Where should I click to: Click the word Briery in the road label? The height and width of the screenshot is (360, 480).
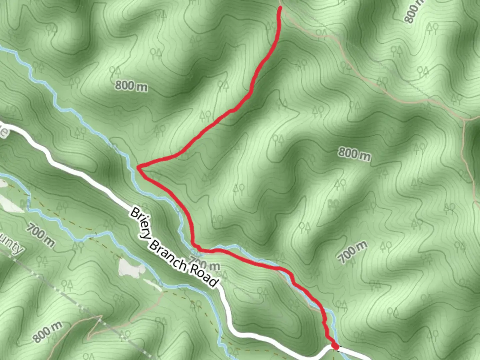tap(140, 223)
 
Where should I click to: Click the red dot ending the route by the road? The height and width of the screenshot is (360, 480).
tap(335, 347)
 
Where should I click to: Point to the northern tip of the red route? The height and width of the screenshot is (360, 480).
tap(280, 8)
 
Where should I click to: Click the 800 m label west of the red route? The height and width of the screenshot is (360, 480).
tap(131, 86)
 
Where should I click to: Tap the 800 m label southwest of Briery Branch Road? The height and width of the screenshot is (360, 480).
tap(48, 331)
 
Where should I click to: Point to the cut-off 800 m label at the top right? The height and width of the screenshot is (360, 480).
tap(413, 12)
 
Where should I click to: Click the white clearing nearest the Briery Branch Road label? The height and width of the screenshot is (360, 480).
tap(131, 268)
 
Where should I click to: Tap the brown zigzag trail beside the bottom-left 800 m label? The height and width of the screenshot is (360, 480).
tap(95, 325)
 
